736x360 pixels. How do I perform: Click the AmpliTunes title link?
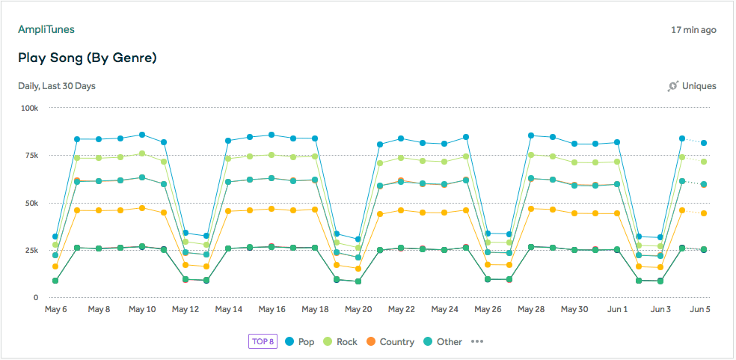(x=46, y=30)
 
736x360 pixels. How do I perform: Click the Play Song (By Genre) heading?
(x=87, y=58)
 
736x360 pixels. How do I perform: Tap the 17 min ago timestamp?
(x=693, y=31)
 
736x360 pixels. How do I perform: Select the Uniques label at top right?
(x=699, y=86)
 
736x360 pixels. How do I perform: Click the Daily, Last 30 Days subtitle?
(x=57, y=86)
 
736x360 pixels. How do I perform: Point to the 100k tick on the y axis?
(x=29, y=108)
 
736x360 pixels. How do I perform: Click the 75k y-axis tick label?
(x=31, y=155)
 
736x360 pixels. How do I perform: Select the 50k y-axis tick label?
(x=31, y=203)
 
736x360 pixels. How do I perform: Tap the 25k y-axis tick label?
(x=31, y=250)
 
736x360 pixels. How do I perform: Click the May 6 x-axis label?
(x=57, y=309)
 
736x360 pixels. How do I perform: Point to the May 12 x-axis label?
(x=185, y=309)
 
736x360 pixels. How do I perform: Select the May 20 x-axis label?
(x=358, y=309)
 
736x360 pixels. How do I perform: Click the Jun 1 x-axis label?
(x=617, y=309)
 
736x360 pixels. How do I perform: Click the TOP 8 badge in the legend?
(x=263, y=342)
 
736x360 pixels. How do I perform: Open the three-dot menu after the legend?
(x=478, y=342)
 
